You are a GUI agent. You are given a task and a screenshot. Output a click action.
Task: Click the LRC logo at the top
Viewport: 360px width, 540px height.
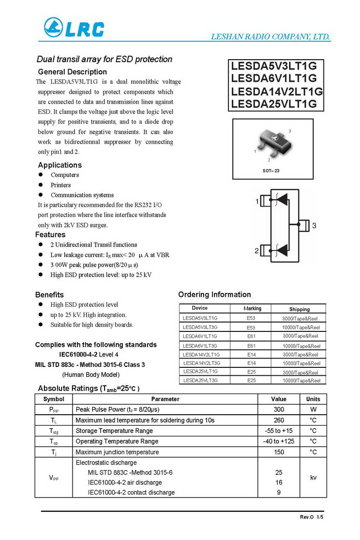point(74,29)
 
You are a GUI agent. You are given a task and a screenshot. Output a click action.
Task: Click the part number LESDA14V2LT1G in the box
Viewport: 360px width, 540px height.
point(277,91)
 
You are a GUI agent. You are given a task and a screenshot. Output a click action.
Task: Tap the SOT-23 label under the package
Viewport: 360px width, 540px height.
point(271,171)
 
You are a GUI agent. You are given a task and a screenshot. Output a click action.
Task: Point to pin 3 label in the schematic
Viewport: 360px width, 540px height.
point(314,225)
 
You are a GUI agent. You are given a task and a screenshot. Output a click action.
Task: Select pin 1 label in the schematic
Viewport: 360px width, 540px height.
point(257,201)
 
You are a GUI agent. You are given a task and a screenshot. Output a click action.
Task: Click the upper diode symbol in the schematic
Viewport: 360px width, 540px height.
point(282,199)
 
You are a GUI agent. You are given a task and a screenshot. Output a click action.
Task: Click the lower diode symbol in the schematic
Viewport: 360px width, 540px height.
point(282,251)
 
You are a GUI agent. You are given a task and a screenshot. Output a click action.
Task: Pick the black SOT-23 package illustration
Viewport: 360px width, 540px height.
point(270,143)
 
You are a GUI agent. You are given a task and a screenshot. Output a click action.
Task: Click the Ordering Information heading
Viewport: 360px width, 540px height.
point(215,294)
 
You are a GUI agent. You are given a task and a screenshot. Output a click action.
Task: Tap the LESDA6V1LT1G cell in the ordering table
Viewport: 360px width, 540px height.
point(200,336)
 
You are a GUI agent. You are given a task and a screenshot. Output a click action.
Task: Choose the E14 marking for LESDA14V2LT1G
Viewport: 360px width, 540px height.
point(251,355)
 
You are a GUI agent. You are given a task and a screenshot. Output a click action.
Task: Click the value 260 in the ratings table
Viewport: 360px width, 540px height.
point(279,420)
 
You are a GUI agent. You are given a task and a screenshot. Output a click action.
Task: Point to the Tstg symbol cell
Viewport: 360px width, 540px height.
point(54,431)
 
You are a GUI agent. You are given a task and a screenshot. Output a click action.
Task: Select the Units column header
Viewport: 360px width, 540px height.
point(313,399)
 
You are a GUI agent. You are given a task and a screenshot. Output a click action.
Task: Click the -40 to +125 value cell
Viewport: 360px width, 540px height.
point(279,441)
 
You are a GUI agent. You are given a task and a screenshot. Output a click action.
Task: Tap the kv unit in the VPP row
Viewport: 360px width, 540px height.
point(313,477)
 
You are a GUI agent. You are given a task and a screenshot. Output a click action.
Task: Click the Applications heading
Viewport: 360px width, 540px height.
point(60,165)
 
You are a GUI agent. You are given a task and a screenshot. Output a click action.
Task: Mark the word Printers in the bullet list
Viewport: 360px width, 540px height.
point(61,185)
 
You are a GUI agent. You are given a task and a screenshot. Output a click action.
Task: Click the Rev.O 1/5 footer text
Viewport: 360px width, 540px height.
point(312,517)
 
